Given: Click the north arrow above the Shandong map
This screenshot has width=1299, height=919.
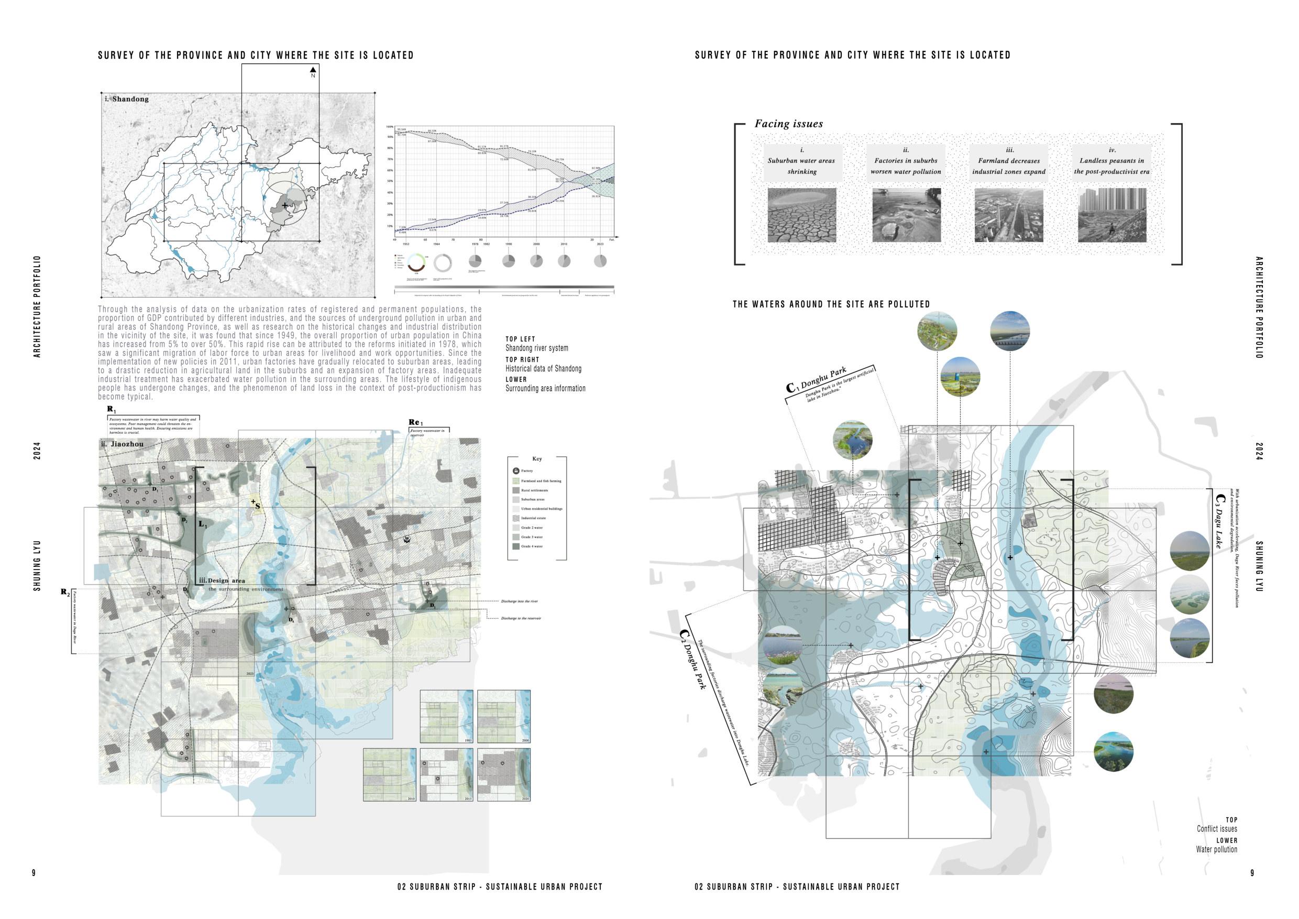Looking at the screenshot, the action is coord(313,70).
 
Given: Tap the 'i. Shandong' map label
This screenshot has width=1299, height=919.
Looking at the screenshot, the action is coord(126,99).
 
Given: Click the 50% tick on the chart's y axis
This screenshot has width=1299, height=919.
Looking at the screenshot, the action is coord(390,181).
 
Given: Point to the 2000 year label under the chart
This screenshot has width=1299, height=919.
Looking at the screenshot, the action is coord(536,244).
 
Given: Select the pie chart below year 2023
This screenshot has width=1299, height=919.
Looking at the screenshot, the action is coord(600,261).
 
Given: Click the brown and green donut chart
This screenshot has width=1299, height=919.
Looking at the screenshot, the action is coord(416,262).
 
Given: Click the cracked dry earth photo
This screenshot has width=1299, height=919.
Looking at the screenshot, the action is coord(802,215).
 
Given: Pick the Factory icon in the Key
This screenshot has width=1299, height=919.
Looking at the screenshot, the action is coord(516,471).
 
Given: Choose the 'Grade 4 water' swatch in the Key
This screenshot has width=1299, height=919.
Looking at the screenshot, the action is coord(516,546).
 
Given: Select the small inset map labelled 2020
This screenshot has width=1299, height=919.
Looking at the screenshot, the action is coord(503,775).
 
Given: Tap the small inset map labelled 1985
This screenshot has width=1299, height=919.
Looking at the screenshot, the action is coord(446,716).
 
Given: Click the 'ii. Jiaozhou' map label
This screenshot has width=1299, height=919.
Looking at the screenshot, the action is coord(122,444).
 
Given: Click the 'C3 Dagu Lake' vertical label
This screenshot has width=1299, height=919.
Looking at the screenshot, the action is coord(1220,521).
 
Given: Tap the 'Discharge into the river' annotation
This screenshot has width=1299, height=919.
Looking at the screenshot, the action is coord(519,601).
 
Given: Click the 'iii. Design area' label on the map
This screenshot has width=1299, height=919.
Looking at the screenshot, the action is coord(222,581).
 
